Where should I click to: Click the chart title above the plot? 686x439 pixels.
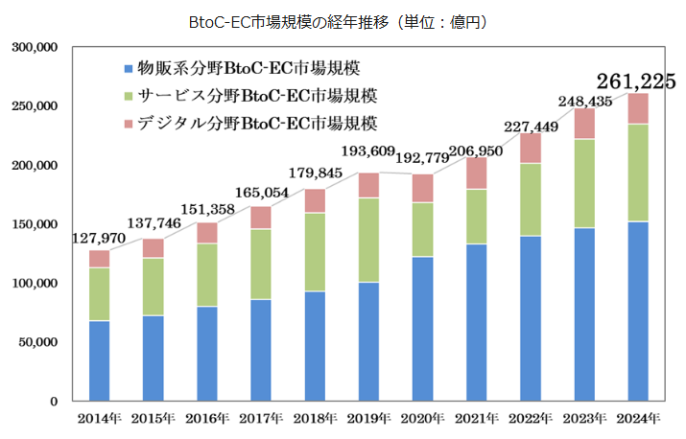(x=343, y=19)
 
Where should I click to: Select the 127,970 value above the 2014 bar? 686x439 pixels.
(x=100, y=238)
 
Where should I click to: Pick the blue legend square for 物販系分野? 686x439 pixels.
(x=126, y=69)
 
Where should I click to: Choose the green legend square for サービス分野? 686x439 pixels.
(x=126, y=97)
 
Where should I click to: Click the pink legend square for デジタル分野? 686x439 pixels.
(x=126, y=125)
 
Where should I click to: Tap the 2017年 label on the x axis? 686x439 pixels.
(x=261, y=419)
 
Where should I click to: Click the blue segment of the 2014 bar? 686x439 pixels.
(x=100, y=360)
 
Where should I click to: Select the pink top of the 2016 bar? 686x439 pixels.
(x=207, y=233)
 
